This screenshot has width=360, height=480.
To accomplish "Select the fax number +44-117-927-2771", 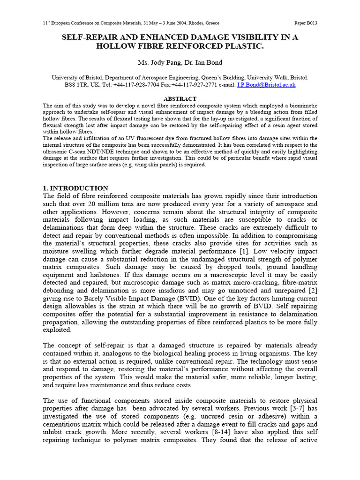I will (x=202, y=85).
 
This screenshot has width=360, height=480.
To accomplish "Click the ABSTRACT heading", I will (x=180, y=99).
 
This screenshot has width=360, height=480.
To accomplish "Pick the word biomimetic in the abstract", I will (x=302, y=106).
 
